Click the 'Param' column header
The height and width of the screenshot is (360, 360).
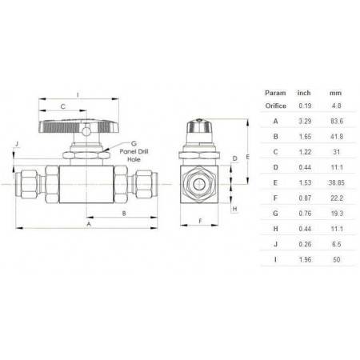[276, 92]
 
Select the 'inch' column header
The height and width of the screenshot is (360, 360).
[304, 92]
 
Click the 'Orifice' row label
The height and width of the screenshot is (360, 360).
[276, 106]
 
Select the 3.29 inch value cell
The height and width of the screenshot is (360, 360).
[304, 121]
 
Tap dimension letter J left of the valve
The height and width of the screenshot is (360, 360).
[16, 145]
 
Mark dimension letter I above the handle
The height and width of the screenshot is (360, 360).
[78, 94]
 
